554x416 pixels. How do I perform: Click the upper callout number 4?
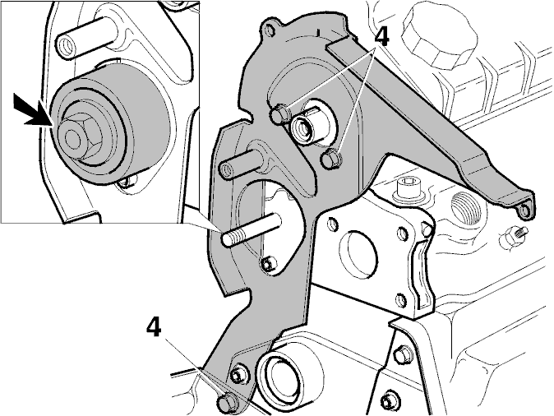click(381, 37)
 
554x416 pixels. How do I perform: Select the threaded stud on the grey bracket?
click(252, 229)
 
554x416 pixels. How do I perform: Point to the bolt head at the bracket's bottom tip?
click(226, 402)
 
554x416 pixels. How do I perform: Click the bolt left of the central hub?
click(281, 113)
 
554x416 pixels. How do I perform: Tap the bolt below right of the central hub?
click(331, 159)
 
